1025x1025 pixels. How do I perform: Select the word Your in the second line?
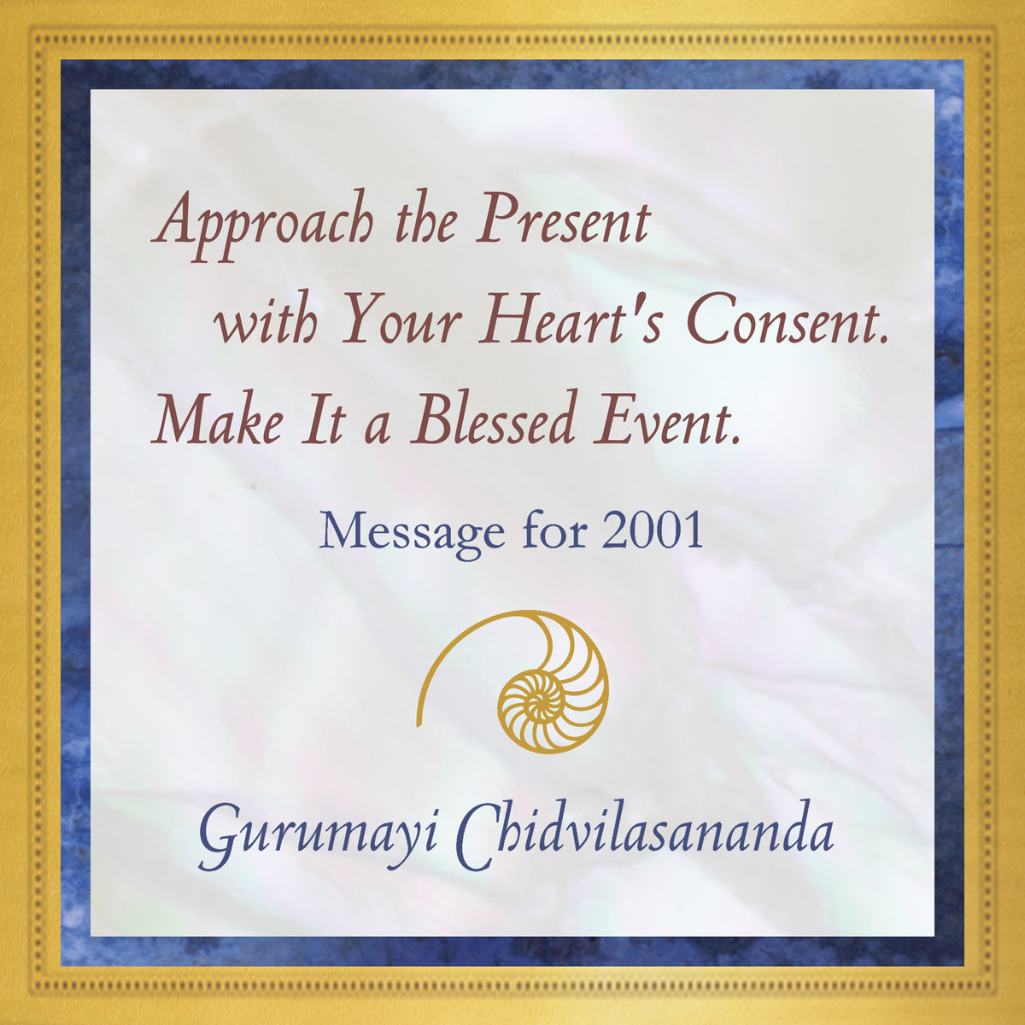[401, 322]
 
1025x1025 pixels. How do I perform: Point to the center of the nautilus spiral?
[536, 704]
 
